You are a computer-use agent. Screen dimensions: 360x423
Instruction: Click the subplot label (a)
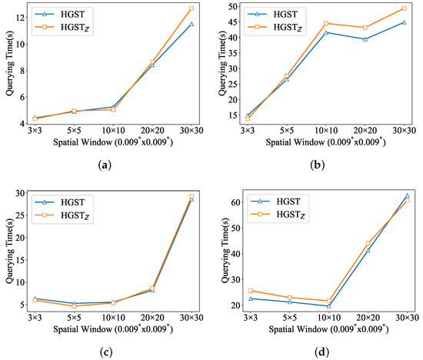tap(106, 164)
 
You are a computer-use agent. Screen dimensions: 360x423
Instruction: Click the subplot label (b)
tap(315, 164)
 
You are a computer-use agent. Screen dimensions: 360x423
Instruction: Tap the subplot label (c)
tap(106, 352)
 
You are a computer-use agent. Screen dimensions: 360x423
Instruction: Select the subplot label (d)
tap(316, 352)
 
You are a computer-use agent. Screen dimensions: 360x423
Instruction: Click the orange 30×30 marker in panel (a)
tap(191, 8)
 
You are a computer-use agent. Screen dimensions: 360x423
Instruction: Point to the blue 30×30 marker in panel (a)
tap(191, 24)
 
